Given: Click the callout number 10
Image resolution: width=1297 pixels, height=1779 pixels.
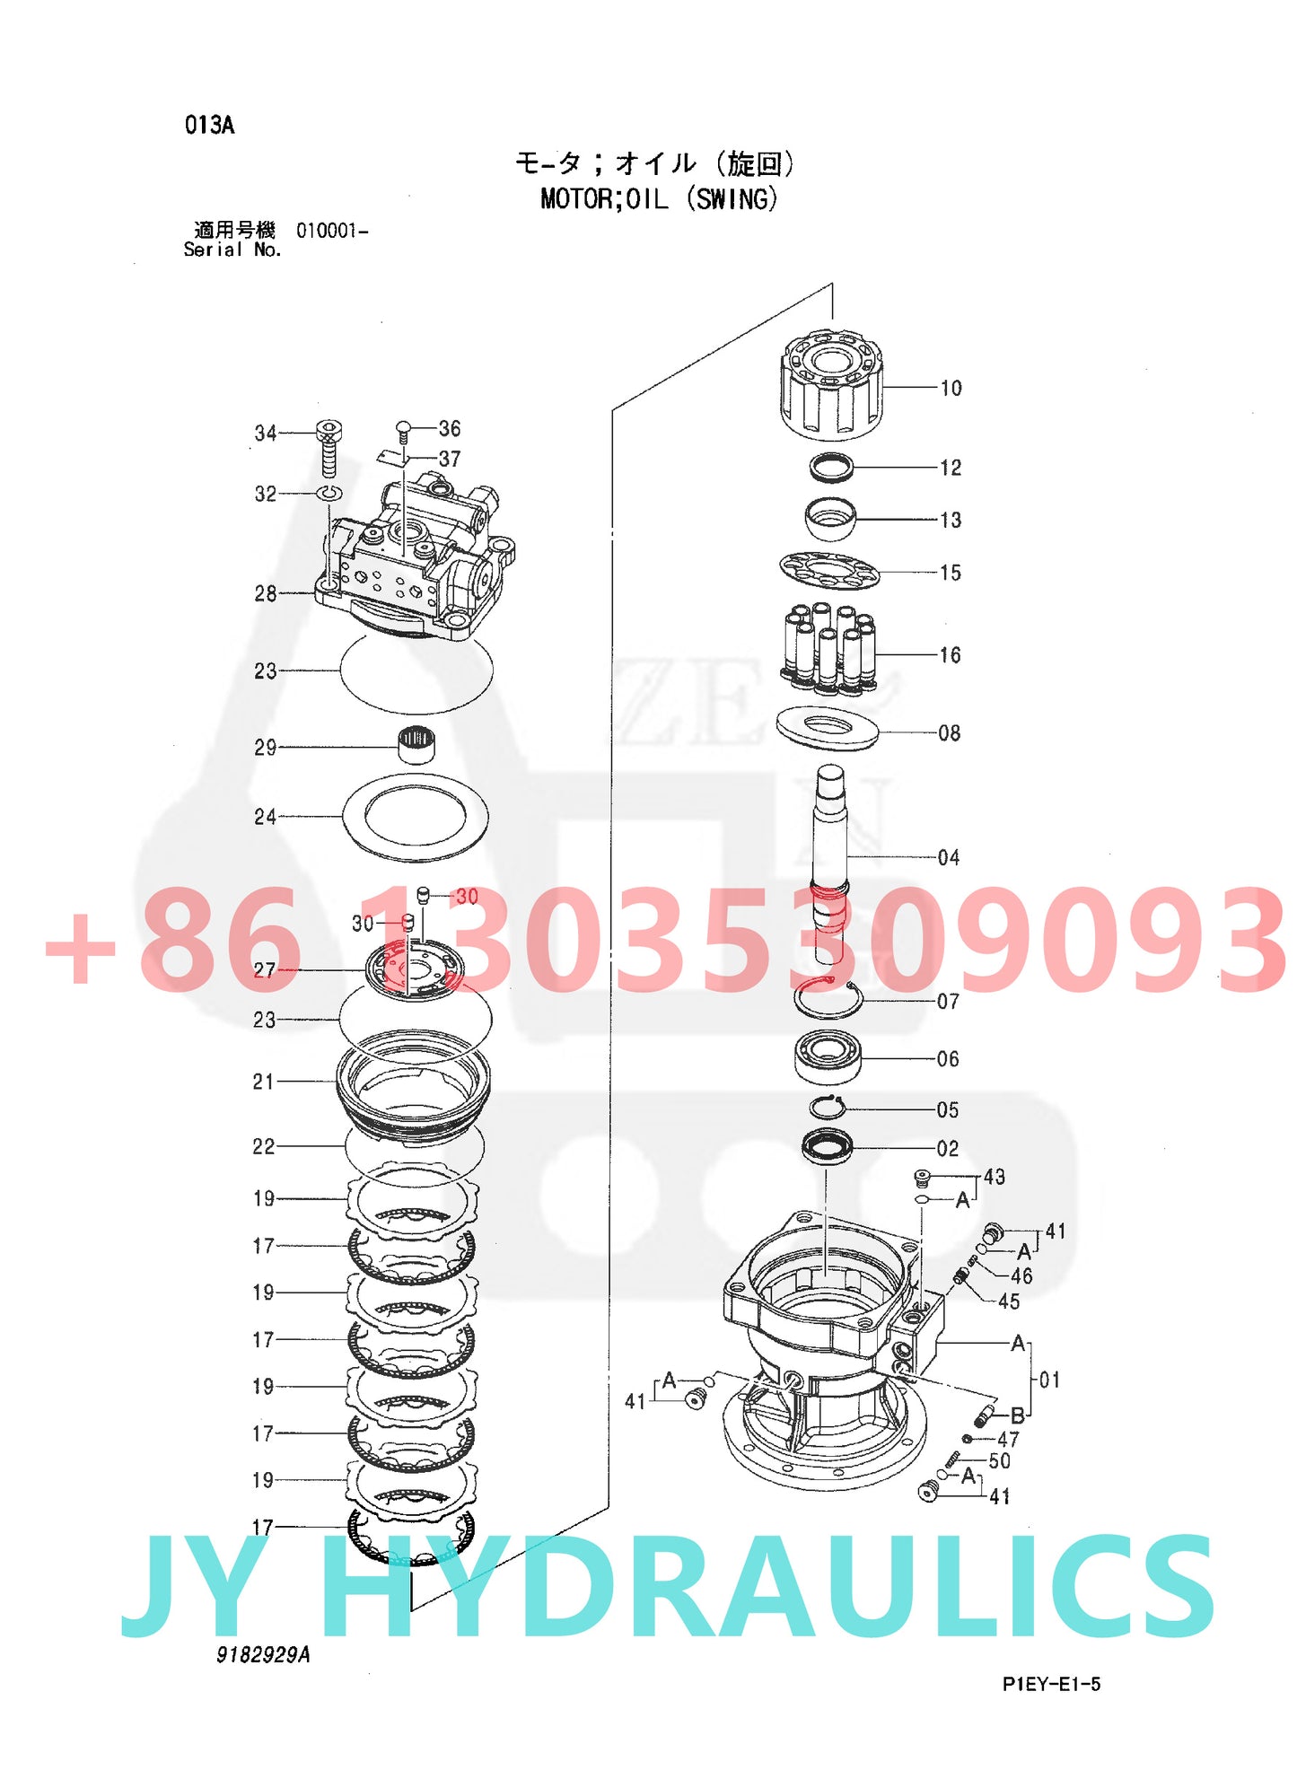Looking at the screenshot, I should (951, 388).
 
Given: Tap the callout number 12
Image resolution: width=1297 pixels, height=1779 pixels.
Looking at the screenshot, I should (951, 468).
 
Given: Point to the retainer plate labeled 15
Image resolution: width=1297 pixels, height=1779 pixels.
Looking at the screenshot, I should (829, 570).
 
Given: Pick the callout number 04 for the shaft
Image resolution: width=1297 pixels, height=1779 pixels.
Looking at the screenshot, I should (948, 857).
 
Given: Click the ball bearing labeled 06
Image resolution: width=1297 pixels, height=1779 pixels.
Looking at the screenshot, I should (828, 1057).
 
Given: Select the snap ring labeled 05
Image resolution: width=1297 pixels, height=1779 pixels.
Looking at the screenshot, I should (828, 1108).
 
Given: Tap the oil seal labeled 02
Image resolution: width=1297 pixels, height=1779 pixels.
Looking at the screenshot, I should (828, 1146).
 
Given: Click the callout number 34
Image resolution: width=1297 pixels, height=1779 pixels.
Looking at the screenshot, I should (266, 434).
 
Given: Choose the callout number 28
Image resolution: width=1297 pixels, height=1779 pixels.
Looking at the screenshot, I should (266, 593).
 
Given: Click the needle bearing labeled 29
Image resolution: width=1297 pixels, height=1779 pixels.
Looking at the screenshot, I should (416, 744).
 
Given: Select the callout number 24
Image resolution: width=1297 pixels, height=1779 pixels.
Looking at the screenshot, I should (265, 817).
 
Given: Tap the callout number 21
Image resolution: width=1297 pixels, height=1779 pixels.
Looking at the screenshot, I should (263, 1082).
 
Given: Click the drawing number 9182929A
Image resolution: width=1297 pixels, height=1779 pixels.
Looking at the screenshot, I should (263, 1654).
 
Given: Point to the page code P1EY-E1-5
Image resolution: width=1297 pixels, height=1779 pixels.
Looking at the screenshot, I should (1051, 1684).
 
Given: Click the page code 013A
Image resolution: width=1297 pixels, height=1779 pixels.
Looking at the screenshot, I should (210, 125).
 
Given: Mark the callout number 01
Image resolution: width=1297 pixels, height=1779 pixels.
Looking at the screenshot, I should (1049, 1380).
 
